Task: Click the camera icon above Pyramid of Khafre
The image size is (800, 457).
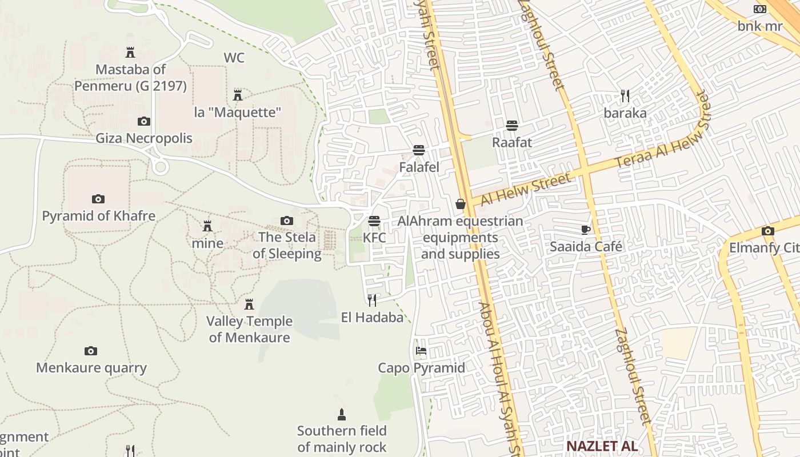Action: pyautogui.click(x=98, y=199)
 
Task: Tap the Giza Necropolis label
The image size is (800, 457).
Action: pyautogui.click(x=144, y=138)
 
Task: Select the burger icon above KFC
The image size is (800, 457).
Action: pyautogui.click(x=374, y=221)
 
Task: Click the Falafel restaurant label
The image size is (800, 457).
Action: pyautogui.click(x=419, y=167)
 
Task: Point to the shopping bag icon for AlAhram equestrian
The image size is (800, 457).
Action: pyautogui.click(x=461, y=204)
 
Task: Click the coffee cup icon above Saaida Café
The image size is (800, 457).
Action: pyautogui.click(x=586, y=230)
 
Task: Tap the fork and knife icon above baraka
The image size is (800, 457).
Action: pyautogui.click(x=625, y=95)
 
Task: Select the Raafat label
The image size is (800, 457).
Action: pyautogui.click(x=512, y=142)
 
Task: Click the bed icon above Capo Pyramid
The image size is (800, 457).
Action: pyautogui.click(x=421, y=350)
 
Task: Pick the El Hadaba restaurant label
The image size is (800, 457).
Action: pyautogui.click(x=372, y=317)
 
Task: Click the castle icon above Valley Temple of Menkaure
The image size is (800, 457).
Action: pyautogui.click(x=249, y=304)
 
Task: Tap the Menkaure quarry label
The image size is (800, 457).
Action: pyautogui.click(x=91, y=368)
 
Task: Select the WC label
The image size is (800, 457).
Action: pyautogui.click(x=234, y=58)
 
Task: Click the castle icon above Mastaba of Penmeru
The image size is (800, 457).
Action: pyautogui.click(x=130, y=53)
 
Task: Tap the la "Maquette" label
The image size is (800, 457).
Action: pyautogui.click(x=238, y=112)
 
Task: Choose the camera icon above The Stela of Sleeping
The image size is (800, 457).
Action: pyautogui.click(x=287, y=221)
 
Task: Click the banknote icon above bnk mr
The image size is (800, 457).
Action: pyautogui.click(x=759, y=9)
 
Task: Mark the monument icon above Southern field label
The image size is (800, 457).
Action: pyautogui.click(x=342, y=414)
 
